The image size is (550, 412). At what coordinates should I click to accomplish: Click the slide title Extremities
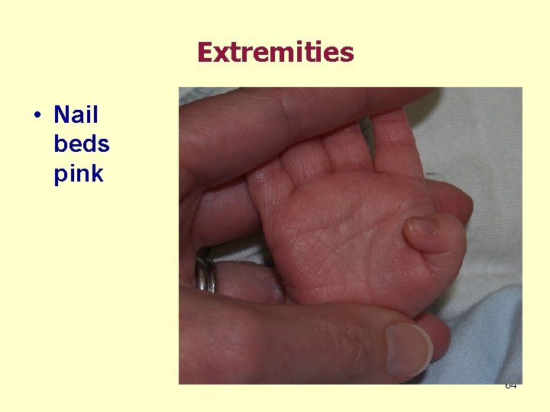pyautogui.click(x=275, y=53)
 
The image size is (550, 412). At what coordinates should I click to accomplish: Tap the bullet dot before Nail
pyautogui.click(x=37, y=116)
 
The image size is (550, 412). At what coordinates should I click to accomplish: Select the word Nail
pyautogui.click(x=76, y=115)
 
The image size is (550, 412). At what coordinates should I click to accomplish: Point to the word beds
pyautogui.click(x=81, y=144)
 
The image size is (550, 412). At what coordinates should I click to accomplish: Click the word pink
pyautogui.click(x=78, y=174)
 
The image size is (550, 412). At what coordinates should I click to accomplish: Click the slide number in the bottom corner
pyautogui.click(x=510, y=385)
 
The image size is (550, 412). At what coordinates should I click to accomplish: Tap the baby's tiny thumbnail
pyautogui.click(x=422, y=226)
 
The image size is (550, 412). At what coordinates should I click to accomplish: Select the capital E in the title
pyautogui.click(x=205, y=53)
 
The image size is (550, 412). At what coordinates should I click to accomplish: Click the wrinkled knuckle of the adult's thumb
pyautogui.click(x=336, y=340)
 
